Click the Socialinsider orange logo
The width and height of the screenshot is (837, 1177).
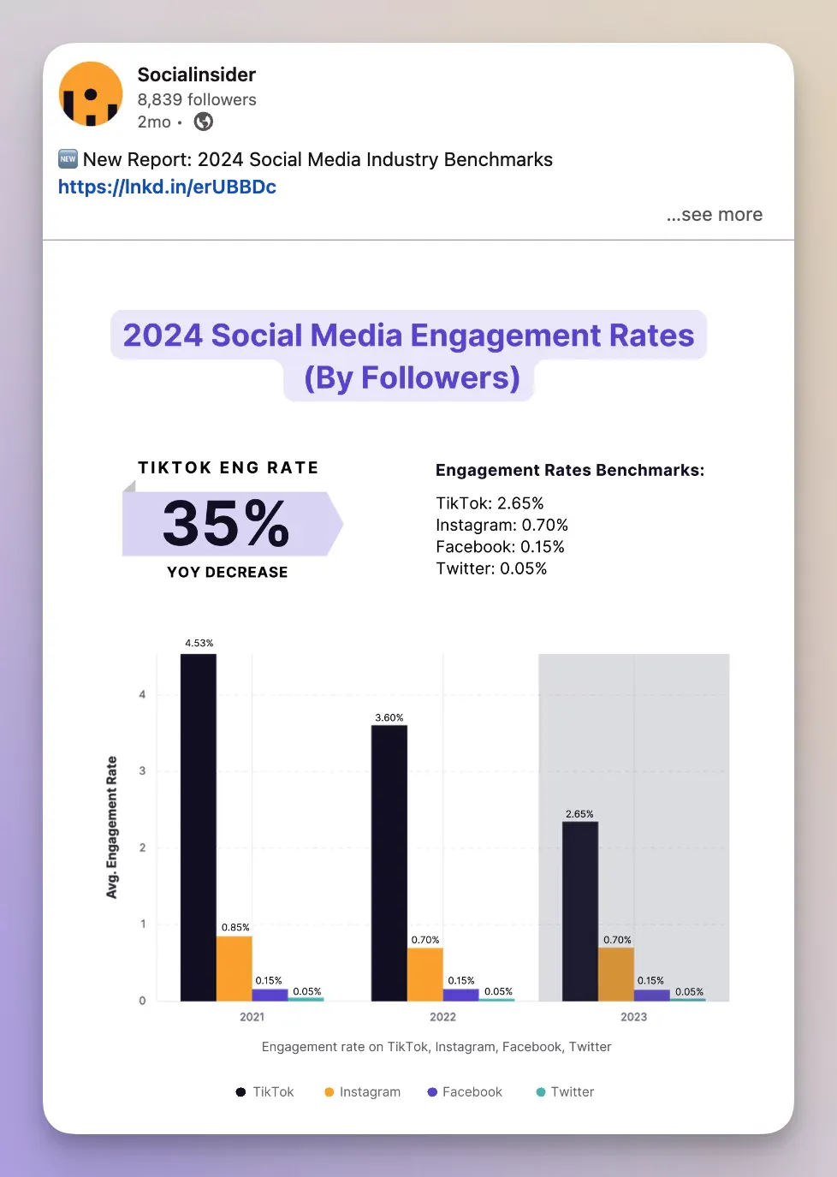pos(91,94)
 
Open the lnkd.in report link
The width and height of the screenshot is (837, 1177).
pos(167,187)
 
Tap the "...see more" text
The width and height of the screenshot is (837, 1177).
pos(714,215)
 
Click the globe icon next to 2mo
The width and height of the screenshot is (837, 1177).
pos(204,122)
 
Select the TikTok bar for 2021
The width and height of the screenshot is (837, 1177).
pos(199,826)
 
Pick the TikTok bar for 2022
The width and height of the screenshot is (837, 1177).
pos(389,863)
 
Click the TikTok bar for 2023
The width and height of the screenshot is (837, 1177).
pos(580,911)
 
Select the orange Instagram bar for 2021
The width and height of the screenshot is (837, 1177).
pos(234,968)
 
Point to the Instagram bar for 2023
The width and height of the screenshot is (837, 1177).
pos(616,973)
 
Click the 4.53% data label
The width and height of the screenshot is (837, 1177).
pos(199,643)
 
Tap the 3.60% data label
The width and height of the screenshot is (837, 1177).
pos(389,717)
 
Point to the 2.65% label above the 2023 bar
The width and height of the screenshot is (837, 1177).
pos(579,814)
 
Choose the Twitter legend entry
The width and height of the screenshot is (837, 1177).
pos(565,1092)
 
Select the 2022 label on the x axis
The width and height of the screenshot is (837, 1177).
pos(442,1017)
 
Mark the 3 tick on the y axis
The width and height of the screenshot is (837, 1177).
pos(142,771)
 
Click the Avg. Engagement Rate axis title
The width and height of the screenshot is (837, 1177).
pos(111,827)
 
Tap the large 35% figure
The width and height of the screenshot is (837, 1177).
pos(227,523)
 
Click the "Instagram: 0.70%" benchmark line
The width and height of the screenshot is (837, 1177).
pos(502,525)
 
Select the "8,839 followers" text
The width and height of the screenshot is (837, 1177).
pos(197,99)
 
